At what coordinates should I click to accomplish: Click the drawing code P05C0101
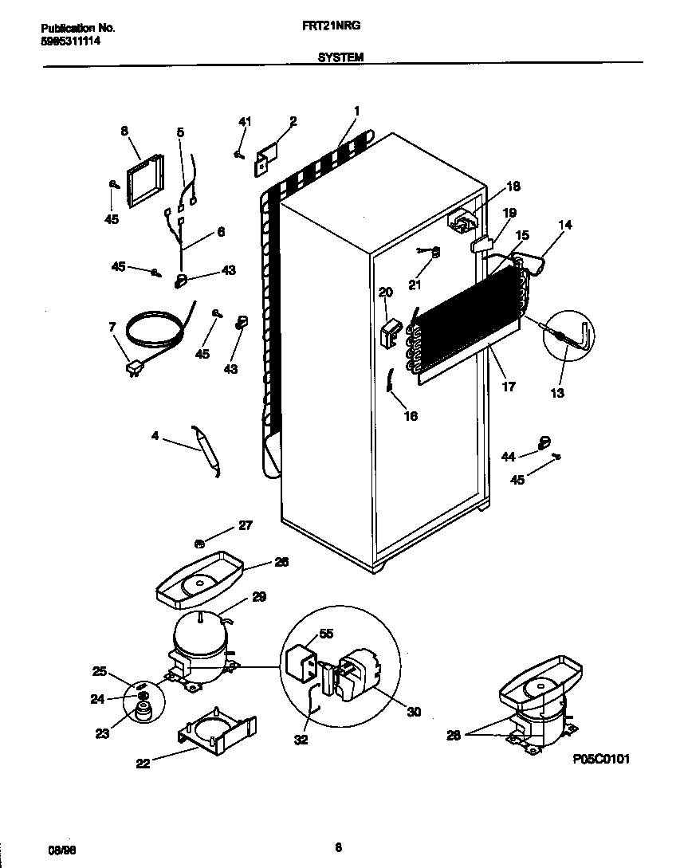(601, 760)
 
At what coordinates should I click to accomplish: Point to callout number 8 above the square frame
(124, 131)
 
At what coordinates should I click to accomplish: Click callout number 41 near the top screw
(245, 121)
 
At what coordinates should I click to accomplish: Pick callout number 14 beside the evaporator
(564, 226)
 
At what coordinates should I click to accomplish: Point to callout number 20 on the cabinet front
(386, 293)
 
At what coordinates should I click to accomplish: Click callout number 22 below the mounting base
(143, 763)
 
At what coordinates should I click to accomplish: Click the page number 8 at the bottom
(338, 847)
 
